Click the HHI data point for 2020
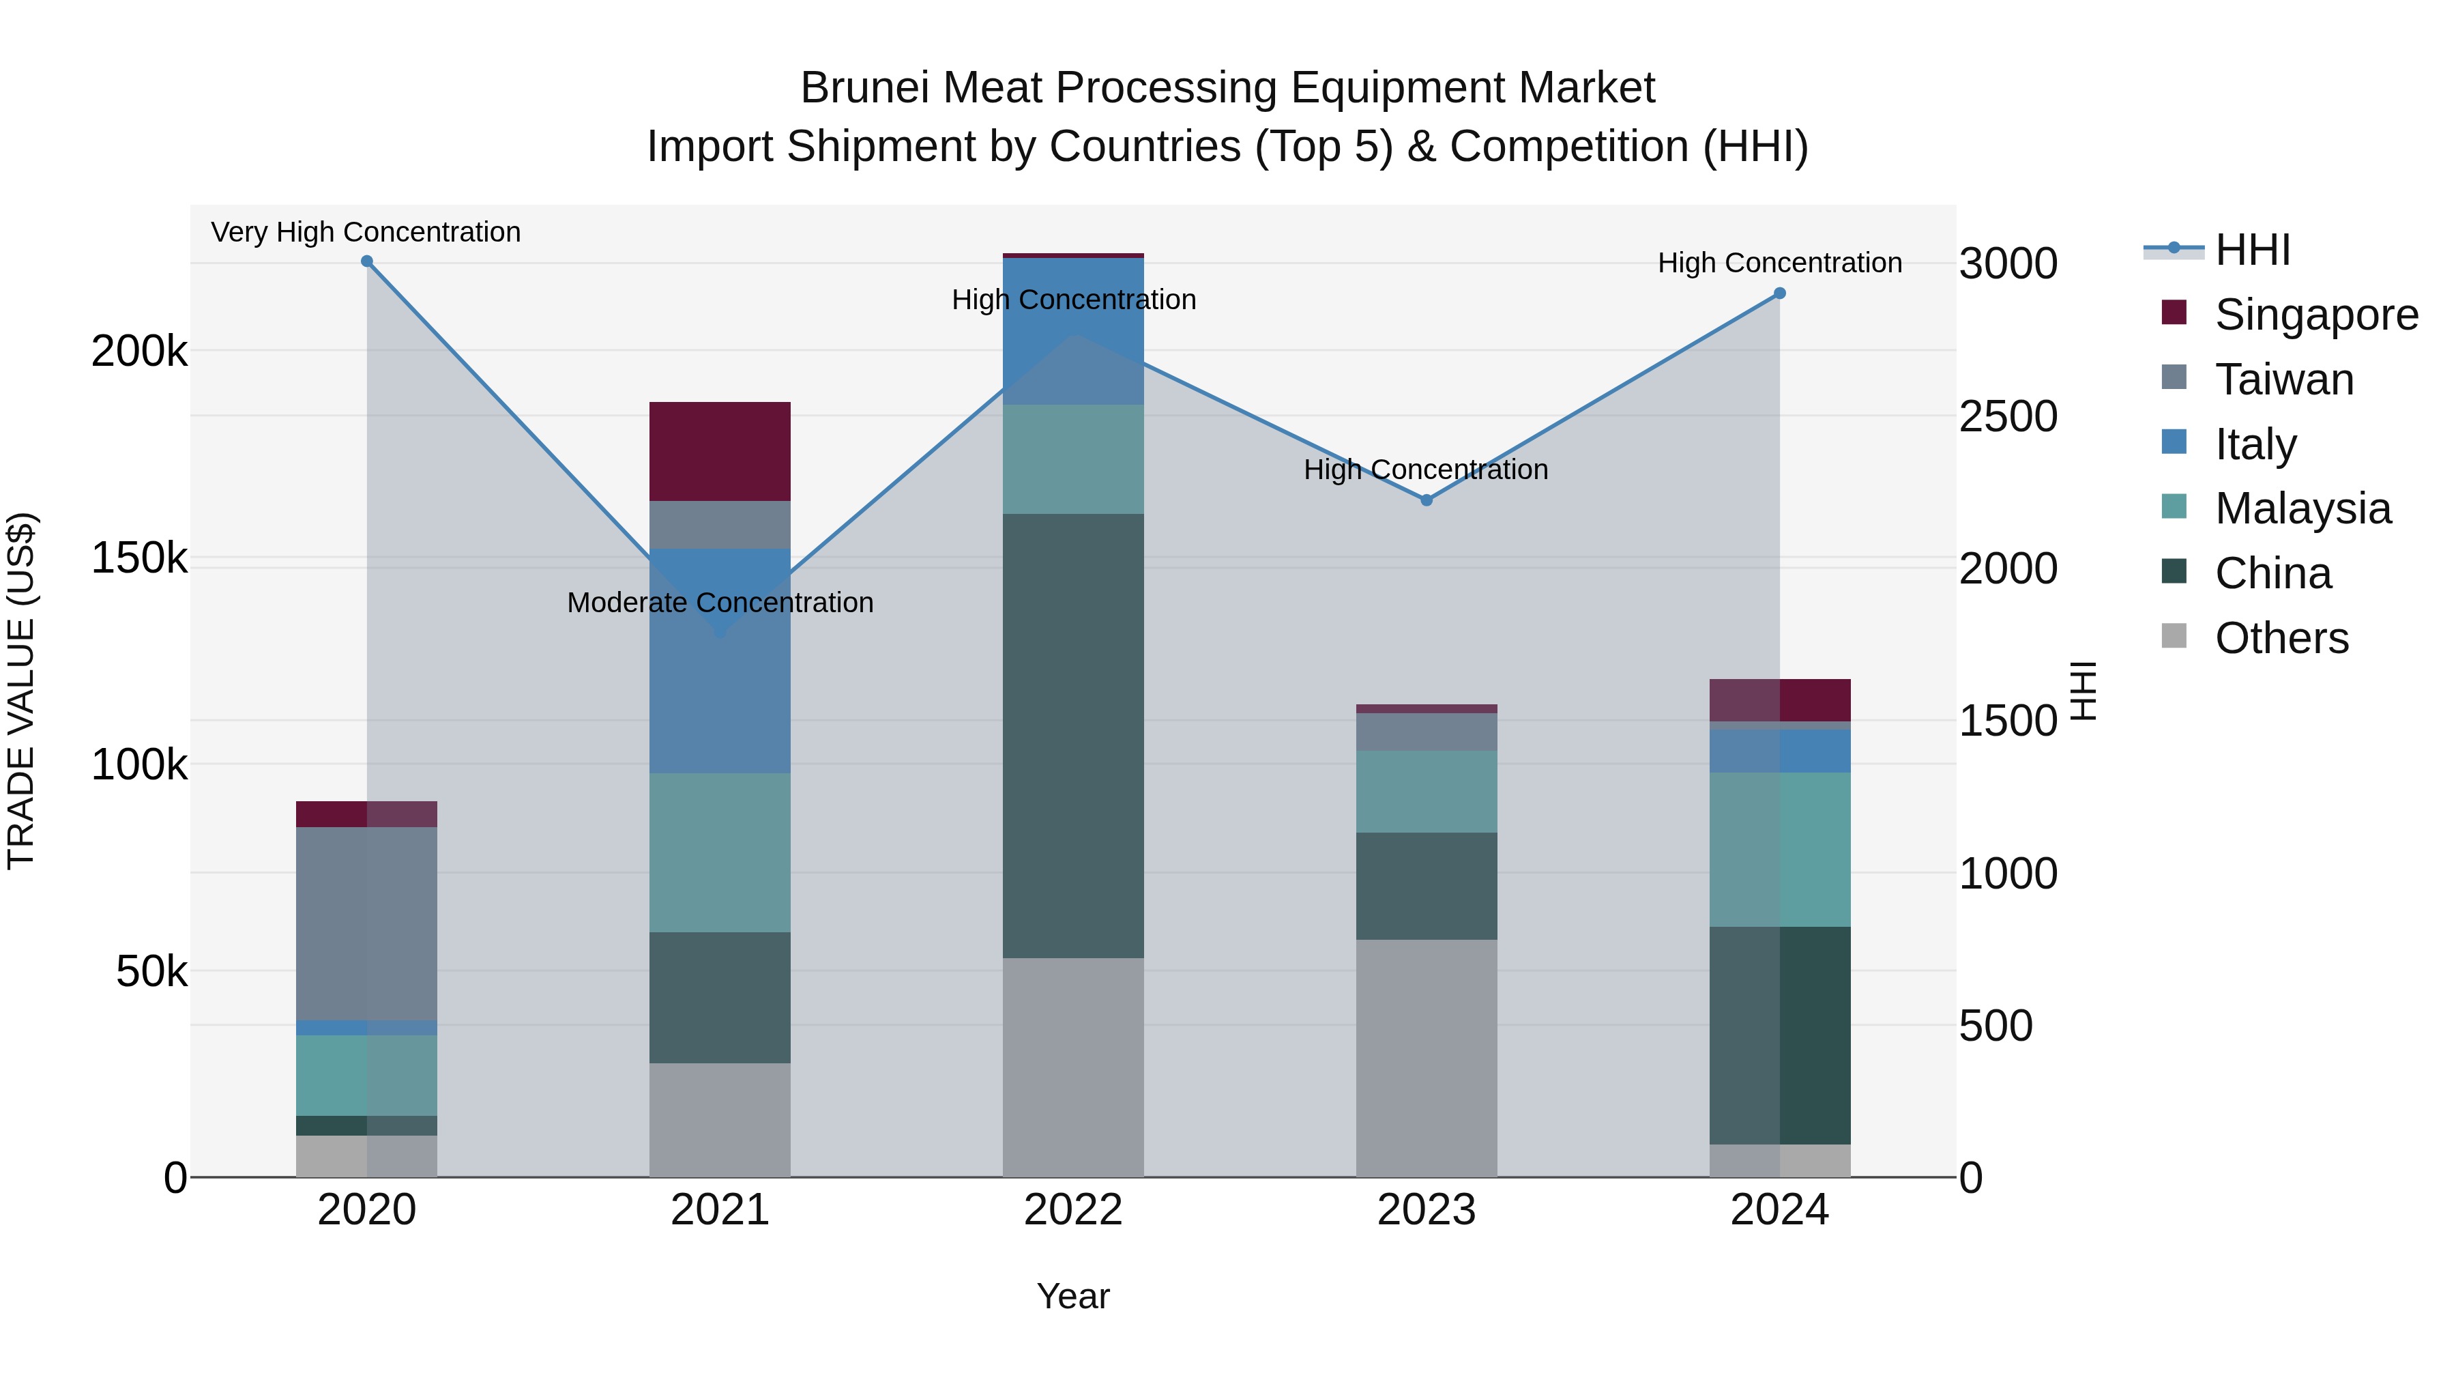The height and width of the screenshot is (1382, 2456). pyautogui.click(x=367, y=261)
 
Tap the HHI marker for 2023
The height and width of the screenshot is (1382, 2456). pyautogui.click(x=1427, y=500)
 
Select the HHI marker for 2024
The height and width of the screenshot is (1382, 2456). pyautogui.click(x=1779, y=293)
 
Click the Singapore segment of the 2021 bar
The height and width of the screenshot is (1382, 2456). pyautogui.click(x=720, y=451)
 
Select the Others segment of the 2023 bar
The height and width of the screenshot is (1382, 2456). pyautogui.click(x=1427, y=1058)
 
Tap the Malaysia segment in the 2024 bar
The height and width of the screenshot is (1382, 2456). pyautogui.click(x=1779, y=849)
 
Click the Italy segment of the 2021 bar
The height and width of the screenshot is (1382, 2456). pyautogui.click(x=720, y=660)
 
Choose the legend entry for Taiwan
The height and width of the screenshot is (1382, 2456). pyautogui.click(x=2283, y=379)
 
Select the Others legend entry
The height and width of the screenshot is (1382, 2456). pyautogui.click(x=2281, y=638)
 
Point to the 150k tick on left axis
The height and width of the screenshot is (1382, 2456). pyautogui.click(x=139, y=558)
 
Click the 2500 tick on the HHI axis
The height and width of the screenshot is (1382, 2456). pyautogui.click(x=2008, y=417)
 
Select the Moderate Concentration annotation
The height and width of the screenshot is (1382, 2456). pyautogui.click(x=720, y=603)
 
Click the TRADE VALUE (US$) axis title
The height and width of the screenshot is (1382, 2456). pyautogui.click(x=21, y=691)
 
